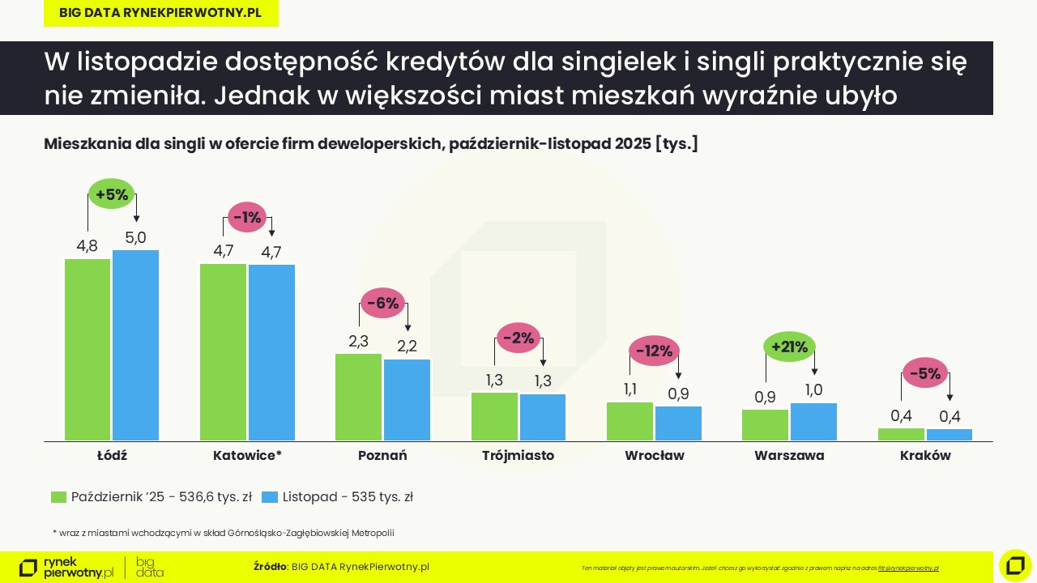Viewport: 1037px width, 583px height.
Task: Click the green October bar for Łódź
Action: (x=87, y=349)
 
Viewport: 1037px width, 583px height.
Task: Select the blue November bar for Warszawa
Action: (x=813, y=422)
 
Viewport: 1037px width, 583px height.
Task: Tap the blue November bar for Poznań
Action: (x=407, y=400)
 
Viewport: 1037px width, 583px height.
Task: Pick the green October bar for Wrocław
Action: (x=629, y=421)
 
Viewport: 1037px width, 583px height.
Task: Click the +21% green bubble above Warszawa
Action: (x=789, y=347)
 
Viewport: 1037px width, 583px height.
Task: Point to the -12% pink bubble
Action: (x=654, y=351)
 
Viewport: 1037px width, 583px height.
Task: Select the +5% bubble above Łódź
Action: (x=112, y=194)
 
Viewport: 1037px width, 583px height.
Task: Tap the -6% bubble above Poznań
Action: (x=382, y=304)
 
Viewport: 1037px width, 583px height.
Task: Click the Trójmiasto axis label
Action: (x=518, y=455)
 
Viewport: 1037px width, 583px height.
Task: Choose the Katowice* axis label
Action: (x=247, y=455)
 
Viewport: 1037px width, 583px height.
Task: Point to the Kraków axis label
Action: (x=925, y=455)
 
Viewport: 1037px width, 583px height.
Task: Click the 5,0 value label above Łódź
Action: (x=135, y=237)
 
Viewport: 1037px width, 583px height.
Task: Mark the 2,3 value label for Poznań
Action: (x=358, y=341)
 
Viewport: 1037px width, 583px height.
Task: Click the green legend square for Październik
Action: (x=58, y=497)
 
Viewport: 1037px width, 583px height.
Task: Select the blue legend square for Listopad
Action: (x=270, y=497)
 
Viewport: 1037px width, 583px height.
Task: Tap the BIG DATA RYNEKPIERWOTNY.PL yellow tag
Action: (x=160, y=13)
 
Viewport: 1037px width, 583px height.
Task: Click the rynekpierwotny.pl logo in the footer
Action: (x=66, y=568)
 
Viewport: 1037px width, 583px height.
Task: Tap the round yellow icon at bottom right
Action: (x=1015, y=565)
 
